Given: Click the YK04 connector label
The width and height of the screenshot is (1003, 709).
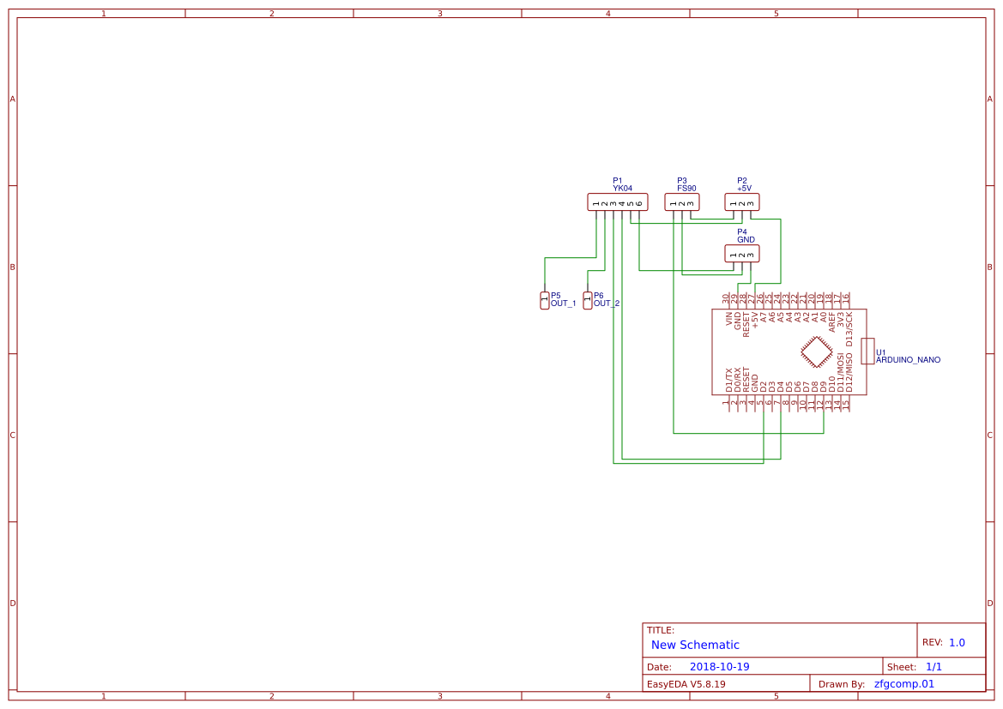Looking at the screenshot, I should [622, 188].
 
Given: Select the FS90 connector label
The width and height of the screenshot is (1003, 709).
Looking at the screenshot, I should [686, 188].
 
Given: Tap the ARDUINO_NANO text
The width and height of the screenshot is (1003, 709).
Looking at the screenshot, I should [908, 360].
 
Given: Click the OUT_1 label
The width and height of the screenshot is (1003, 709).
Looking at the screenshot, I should [563, 303].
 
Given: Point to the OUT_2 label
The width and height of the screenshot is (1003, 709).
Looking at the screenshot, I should [607, 303].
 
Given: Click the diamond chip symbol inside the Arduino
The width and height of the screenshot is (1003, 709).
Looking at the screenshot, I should [816, 351].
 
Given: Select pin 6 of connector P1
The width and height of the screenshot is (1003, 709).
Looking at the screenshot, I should [639, 203].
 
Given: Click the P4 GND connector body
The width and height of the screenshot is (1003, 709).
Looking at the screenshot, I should [742, 254].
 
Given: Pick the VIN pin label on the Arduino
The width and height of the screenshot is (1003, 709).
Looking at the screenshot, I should [729, 321].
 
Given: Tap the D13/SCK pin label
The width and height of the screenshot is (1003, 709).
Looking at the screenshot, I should [849, 329].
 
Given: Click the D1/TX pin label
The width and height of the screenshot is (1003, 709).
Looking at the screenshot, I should [729, 380].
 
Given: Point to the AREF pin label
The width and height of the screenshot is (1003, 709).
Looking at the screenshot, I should [832, 322].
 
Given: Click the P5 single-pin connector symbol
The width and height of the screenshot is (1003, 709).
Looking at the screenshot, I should [544, 300].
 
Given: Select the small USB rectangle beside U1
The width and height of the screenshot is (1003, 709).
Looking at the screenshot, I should [867, 351].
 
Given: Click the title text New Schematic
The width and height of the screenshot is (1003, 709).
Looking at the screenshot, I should [695, 645].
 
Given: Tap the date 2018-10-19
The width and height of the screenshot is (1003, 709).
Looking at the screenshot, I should [719, 667].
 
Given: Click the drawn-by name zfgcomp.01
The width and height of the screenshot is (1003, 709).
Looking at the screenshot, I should [903, 684].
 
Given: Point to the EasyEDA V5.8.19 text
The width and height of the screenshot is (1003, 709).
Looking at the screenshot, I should [686, 684].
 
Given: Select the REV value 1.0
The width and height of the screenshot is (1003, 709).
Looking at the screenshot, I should [957, 642].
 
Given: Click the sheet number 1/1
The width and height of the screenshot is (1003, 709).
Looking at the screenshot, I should [934, 667].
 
